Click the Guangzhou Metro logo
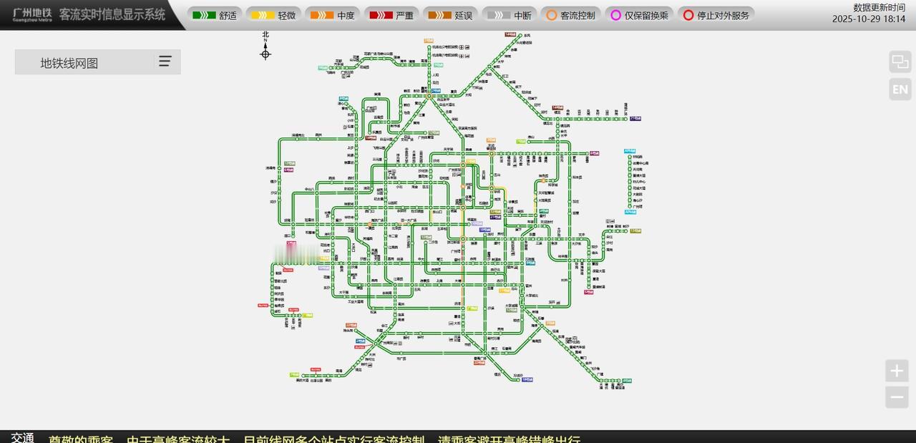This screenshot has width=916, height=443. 32,15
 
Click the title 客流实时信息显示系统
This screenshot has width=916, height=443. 112,15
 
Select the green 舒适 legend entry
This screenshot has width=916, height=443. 215,15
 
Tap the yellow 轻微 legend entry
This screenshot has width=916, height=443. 273,15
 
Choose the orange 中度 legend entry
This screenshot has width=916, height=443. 333,15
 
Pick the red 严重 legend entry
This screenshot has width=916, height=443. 391,15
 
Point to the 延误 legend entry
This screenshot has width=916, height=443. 451,15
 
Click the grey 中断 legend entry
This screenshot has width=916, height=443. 510,15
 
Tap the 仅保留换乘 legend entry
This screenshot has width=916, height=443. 639,15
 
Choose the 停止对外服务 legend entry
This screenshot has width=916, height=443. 716,15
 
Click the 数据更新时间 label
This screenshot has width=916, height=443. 879,7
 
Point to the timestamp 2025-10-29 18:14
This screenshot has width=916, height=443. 868,19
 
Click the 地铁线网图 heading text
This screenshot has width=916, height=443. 69,63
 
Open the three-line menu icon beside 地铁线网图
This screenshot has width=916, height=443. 165,62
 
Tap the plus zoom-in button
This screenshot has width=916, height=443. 897,371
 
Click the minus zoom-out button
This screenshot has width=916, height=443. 897,397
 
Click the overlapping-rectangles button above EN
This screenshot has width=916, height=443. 900,62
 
